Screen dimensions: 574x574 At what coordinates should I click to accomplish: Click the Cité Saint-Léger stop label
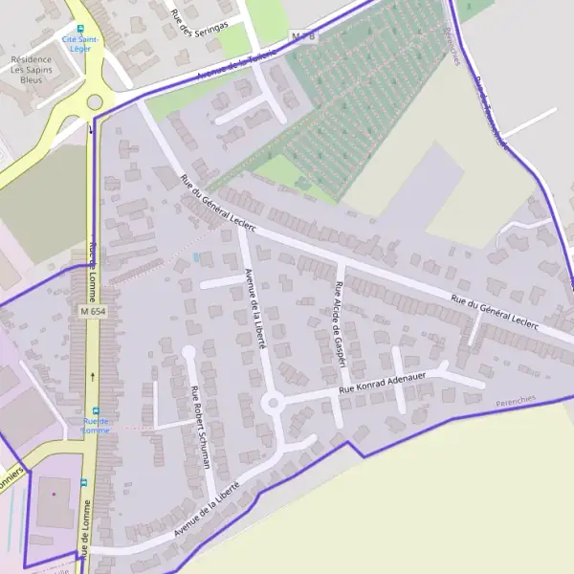click(x=81, y=43)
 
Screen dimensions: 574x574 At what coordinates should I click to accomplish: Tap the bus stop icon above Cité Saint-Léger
click(x=80, y=29)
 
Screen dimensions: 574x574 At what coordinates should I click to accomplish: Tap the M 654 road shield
click(x=93, y=312)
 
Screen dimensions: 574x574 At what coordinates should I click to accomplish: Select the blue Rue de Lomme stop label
click(x=96, y=426)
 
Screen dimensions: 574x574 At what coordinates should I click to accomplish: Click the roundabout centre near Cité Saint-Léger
click(x=94, y=102)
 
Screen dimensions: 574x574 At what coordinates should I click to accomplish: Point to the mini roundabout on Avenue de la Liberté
click(x=274, y=404)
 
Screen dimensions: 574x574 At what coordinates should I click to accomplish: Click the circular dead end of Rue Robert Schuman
click(x=188, y=352)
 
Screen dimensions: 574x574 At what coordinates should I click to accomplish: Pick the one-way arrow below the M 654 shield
click(x=92, y=349)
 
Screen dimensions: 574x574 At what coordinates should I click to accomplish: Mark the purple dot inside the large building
click(x=55, y=494)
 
